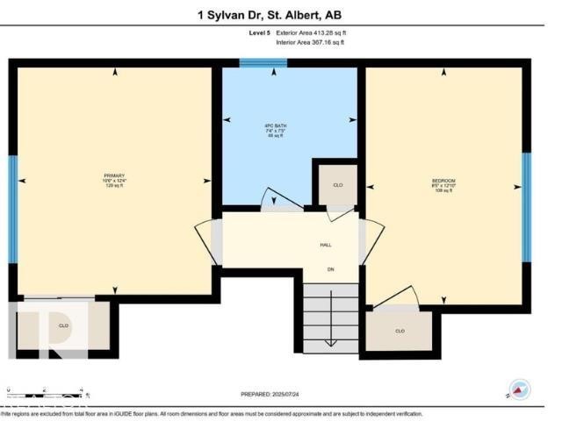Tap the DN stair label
[x=331, y=268]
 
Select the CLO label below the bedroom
[x=400, y=331]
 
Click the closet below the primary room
[x=63, y=325]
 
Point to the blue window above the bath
[x=263, y=63]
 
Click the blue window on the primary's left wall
[x=13, y=209]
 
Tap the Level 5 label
[x=260, y=32]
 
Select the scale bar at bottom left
[x=44, y=389]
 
